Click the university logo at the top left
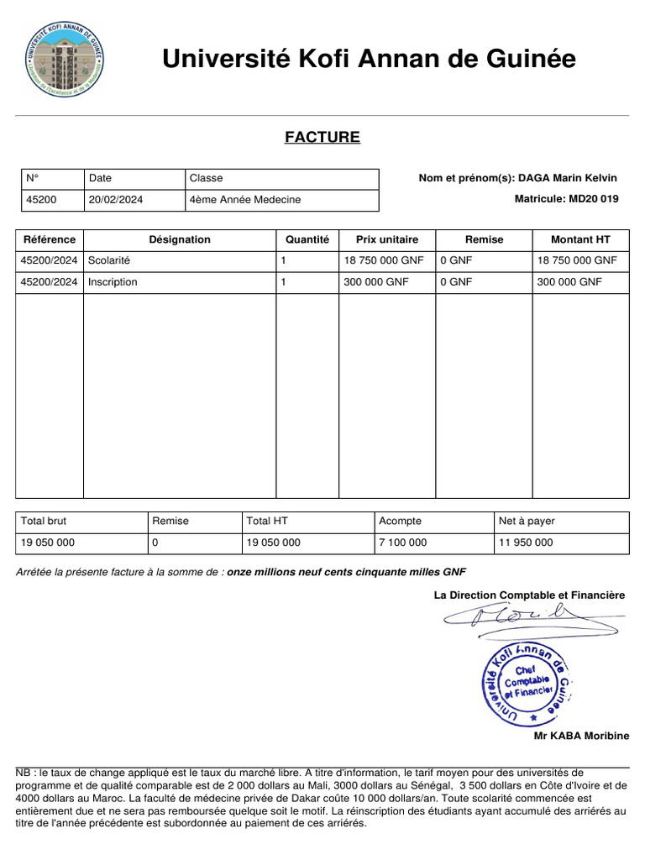pyautogui.click(x=66, y=58)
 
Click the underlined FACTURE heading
pyautogui.click(x=322, y=137)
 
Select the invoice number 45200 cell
pyautogui.click(x=41, y=200)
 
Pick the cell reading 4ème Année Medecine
pyautogui.click(x=245, y=200)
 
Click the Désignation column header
pyautogui.click(x=180, y=239)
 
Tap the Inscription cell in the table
pyautogui.click(x=113, y=282)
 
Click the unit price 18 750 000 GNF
pyautogui.click(x=384, y=260)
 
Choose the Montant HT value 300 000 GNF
pyautogui.click(x=569, y=282)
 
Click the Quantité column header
pyautogui.click(x=307, y=239)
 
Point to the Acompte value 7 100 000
pyautogui.click(x=403, y=543)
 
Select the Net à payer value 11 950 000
pyautogui.click(x=526, y=543)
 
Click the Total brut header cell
pyautogui.click(x=44, y=521)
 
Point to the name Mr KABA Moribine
pyautogui.click(x=581, y=736)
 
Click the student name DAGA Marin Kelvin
pyautogui.click(x=567, y=178)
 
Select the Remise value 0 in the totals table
pyautogui.click(x=155, y=543)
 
